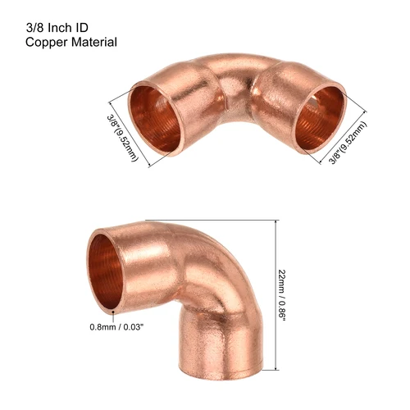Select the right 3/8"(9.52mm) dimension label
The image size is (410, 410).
(348, 138)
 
